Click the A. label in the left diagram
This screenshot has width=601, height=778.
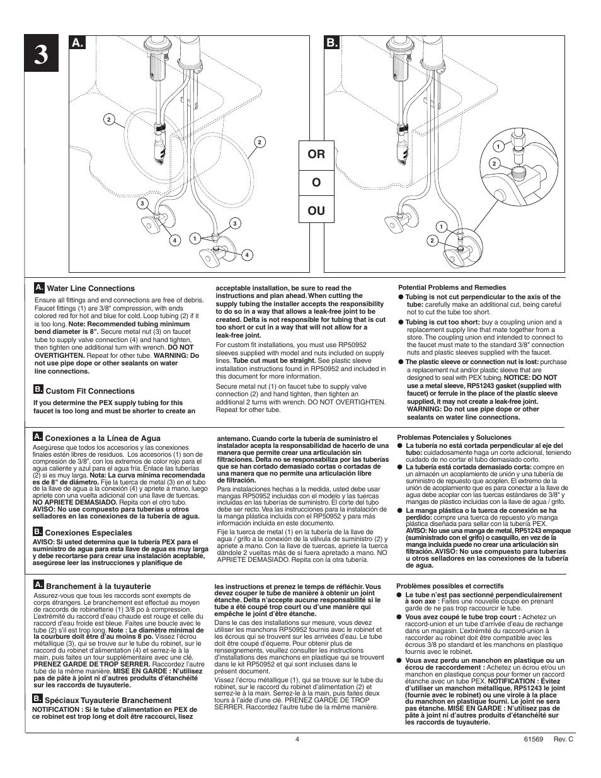(x=77, y=43)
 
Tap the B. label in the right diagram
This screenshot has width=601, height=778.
(x=332, y=43)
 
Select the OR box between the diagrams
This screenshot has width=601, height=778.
(x=316, y=155)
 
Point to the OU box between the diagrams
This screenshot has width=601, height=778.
(x=316, y=210)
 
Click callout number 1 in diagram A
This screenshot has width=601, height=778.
(x=195, y=238)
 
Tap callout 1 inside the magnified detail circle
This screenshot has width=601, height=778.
(x=498, y=146)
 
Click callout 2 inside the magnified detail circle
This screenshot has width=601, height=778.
(x=495, y=164)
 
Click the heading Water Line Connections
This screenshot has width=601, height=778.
(x=91, y=289)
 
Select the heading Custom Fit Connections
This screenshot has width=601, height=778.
(x=90, y=391)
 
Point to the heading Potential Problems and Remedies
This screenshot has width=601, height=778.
(x=452, y=287)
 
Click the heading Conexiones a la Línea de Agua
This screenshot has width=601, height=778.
(x=103, y=438)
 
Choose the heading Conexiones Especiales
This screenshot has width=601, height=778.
(x=88, y=533)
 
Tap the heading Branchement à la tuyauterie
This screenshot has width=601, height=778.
(x=98, y=586)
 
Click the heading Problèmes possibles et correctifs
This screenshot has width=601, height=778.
(x=450, y=586)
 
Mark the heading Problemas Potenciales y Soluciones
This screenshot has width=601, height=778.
(x=454, y=437)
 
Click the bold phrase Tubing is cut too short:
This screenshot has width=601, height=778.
(x=442, y=323)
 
